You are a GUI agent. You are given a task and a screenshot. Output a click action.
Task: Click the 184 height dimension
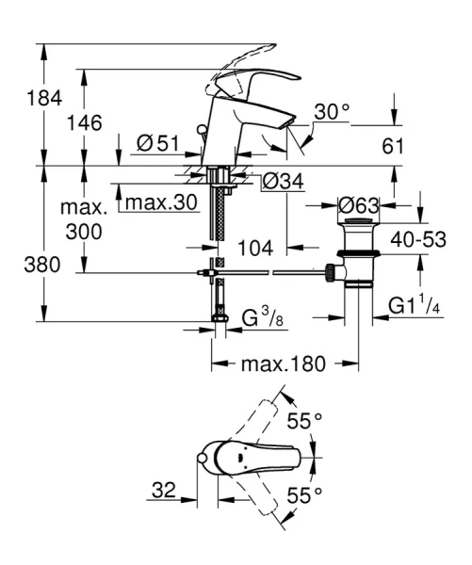point(19,98)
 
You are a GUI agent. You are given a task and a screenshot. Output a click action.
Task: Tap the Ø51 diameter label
point(157,143)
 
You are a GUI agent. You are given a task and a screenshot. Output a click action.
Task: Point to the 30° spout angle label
point(332,112)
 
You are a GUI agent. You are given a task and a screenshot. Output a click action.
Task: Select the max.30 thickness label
point(162,202)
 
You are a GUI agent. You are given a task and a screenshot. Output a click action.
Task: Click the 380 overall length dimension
point(20,266)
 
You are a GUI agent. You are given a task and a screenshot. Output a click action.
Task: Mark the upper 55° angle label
point(304,422)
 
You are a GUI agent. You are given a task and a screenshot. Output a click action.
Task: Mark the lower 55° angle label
point(304,493)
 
